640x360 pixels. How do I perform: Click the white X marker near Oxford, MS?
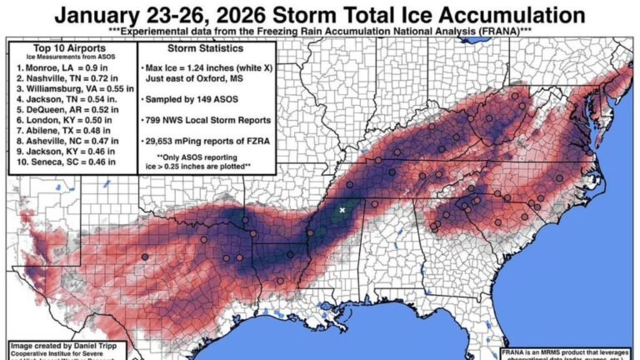(x=342, y=210)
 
